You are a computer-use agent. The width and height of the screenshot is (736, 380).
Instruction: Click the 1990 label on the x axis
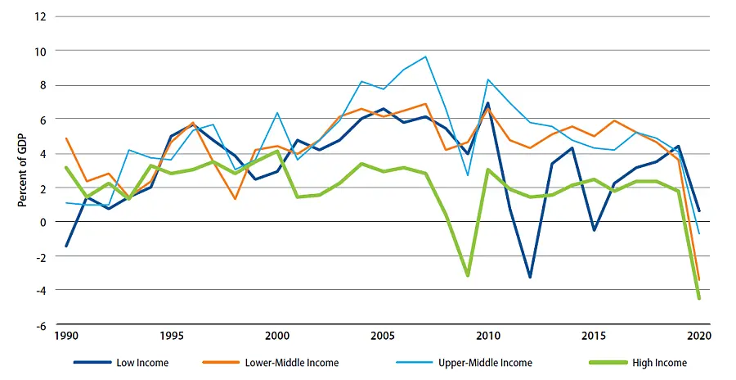(x=66, y=336)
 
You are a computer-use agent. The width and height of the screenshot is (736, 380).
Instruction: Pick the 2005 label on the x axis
(x=383, y=336)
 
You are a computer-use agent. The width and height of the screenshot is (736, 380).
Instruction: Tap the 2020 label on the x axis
(x=698, y=336)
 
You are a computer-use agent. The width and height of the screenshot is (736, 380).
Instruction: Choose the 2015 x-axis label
(x=593, y=336)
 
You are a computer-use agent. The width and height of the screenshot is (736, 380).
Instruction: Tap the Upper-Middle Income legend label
(x=487, y=363)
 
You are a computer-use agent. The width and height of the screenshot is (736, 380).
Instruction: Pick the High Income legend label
(x=659, y=363)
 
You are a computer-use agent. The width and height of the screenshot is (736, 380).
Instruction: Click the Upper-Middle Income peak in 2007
(x=425, y=57)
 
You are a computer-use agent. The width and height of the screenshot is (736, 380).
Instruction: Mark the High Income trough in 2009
(x=467, y=275)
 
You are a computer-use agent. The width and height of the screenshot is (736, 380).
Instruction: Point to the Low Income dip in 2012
(x=530, y=277)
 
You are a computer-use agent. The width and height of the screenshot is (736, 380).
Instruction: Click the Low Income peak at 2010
(x=487, y=103)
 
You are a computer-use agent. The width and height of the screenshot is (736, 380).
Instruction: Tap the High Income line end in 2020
(x=698, y=298)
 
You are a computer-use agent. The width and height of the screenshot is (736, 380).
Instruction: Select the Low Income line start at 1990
(x=66, y=246)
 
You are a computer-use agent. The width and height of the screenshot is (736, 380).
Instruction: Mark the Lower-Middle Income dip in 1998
(x=235, y=199)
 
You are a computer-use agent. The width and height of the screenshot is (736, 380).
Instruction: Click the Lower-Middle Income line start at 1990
(x=66, y=138)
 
